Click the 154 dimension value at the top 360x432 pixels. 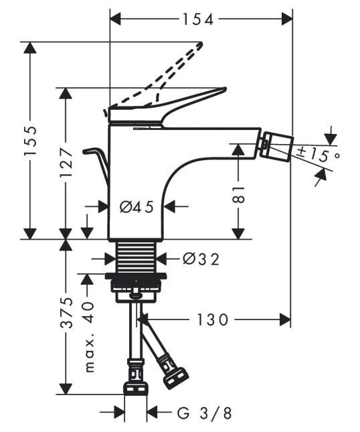tap(198, 19)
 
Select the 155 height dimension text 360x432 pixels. tap(29, 141)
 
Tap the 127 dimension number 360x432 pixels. tap(66, 163)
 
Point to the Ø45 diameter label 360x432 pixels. tap(137, 207)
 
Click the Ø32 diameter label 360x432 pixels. tap(201, 259)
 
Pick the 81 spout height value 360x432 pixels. tap(239, 194)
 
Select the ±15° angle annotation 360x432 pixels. tap(319, 155)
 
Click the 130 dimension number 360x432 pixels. tap(213, 319)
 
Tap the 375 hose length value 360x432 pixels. tap(66, 312)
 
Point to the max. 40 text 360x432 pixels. tap(89, 337)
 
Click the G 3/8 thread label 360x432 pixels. tap(204, 413)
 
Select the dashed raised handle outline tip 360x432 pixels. tap(201, 44)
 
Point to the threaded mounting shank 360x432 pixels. tap(136, 257)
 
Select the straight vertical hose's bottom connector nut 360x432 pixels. tap(136, 387)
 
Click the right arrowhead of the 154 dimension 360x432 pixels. tap(287, 19)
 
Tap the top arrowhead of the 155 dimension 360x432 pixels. tap(29, 48)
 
